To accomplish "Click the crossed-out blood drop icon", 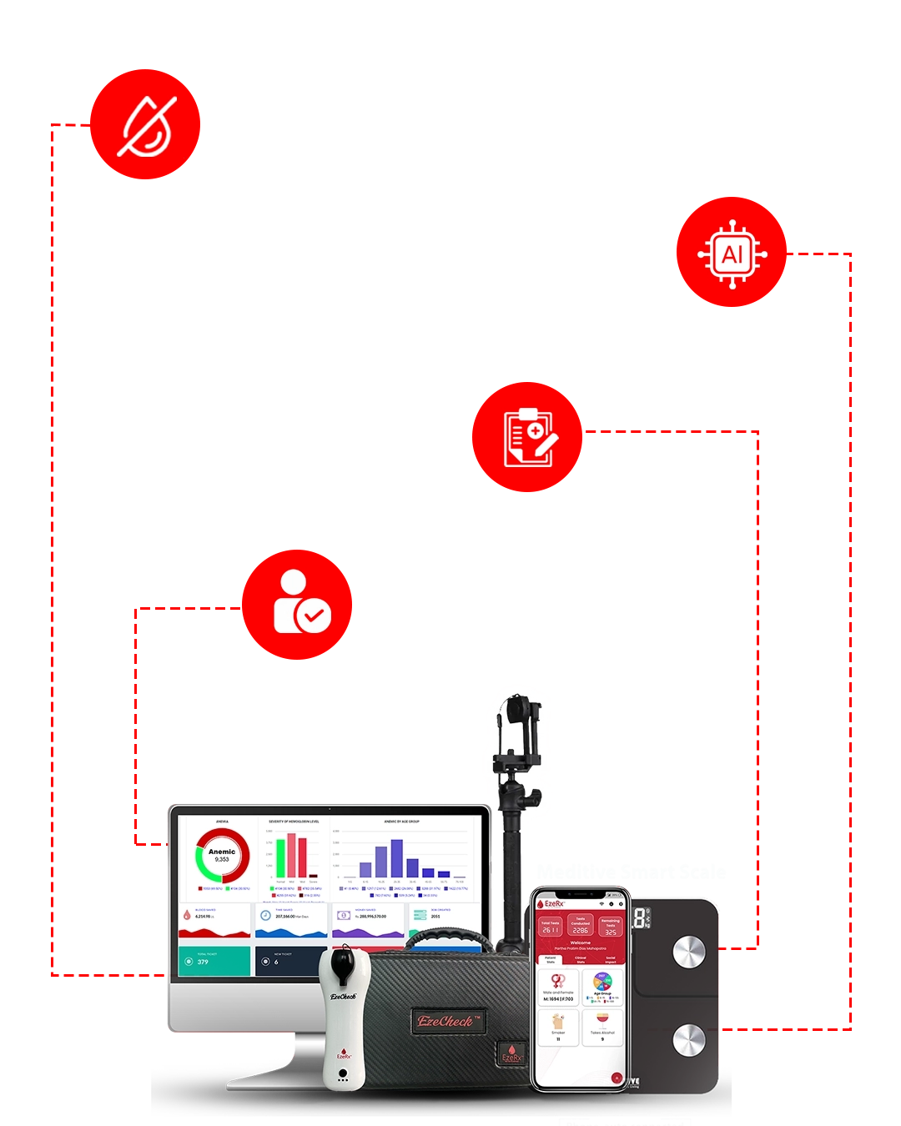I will click(x=147, y=127).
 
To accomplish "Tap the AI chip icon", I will click(x=732, y=254).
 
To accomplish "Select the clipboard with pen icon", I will click(x=531, y=438).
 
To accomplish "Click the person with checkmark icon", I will click(x=301, y=601).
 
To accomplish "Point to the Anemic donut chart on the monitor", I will click(x=222, y=856).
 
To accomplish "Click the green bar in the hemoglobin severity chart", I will click(x=281, y=857).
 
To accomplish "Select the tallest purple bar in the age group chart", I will click(x=397, y=858).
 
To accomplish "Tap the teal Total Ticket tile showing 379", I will click(x=214, y=961).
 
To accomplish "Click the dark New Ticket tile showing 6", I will click(x=288, y=961).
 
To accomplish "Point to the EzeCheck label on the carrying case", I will click(x=450, y=1021).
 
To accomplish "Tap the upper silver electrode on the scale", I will click(x=688, y=952).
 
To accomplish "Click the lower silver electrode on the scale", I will click(x=688, y=1039).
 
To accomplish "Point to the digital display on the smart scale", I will click(x=641, y=919).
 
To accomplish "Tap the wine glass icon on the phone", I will click(x=602, y=1020).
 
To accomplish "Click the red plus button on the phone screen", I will click(x=617, y=1078).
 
